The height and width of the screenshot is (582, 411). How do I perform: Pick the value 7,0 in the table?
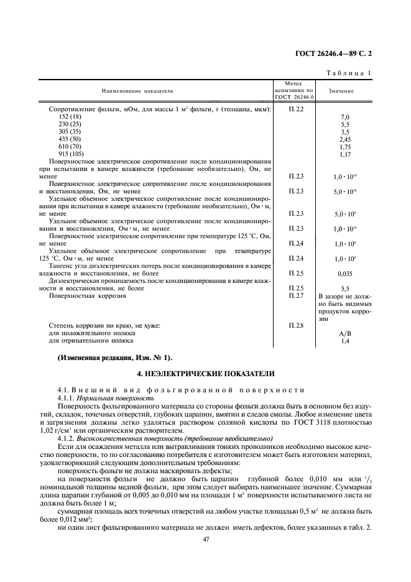(x=345, y=117)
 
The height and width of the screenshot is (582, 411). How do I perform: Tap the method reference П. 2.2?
(x=296, y=109)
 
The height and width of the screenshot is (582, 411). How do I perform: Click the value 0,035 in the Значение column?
(x=345, y=273)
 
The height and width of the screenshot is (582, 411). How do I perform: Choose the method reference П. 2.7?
(x=296, y=296)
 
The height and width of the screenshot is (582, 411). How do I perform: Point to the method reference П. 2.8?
(x=296, y=325)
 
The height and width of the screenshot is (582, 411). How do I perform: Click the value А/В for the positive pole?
(x=345, y=333)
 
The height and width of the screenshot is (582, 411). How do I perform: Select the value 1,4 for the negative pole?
(x=345, y=341)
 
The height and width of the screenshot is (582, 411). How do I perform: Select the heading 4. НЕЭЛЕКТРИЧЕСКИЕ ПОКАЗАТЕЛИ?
(x=205, y=374)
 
